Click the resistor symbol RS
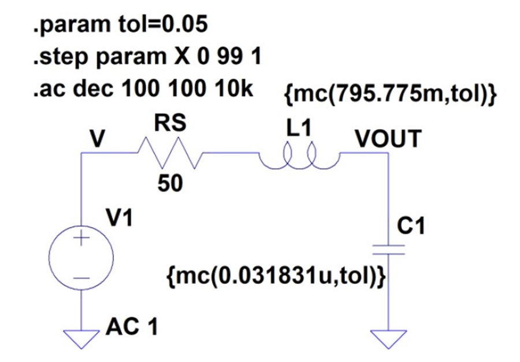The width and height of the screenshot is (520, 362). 169,153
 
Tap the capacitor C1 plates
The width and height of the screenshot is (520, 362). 388,250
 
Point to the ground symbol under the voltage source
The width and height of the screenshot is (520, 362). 81,339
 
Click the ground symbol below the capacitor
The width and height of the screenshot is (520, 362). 388,339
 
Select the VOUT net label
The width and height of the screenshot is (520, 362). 388,138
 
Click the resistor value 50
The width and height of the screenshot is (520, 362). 170,183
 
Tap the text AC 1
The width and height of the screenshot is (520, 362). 132,327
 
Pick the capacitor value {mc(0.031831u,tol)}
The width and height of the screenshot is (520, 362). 276,276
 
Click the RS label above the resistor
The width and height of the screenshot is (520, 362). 170,123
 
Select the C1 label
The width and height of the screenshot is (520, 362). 411,226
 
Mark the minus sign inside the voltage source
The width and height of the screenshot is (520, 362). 81,278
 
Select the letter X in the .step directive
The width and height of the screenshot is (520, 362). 183,56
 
